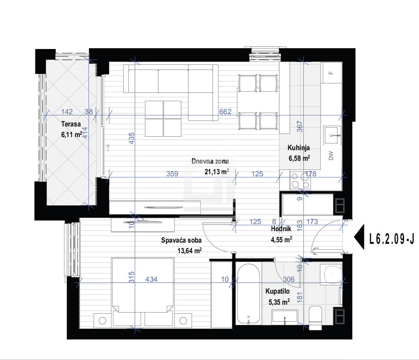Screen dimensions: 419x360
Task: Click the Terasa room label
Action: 71,124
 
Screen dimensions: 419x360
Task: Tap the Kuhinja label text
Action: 299,148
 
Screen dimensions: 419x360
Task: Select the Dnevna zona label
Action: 210,161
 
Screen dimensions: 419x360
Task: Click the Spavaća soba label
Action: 181,240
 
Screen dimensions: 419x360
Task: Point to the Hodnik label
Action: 281,229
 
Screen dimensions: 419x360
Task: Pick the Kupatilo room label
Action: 277,291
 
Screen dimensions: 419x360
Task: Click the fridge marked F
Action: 331,72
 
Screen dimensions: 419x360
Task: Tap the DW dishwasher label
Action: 331,156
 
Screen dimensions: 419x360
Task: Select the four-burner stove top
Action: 300,181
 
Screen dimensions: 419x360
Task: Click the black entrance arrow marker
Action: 360,237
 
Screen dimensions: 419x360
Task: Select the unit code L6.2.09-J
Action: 391,239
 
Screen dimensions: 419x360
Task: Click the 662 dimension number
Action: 225,111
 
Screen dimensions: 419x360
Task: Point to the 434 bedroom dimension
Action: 151,279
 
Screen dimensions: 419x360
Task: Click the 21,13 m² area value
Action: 217,172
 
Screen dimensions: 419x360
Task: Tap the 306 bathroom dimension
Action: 289,279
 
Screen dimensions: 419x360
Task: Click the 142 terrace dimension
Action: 67,111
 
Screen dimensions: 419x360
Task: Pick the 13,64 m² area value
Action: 190,251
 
